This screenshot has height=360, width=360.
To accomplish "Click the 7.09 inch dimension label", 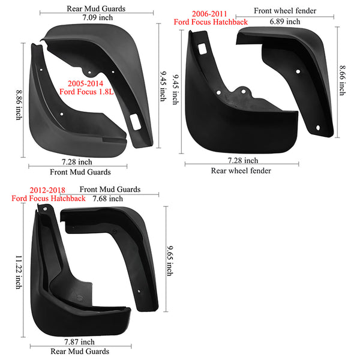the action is [98, 17].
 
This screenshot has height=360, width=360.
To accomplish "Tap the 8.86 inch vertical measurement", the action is [19, 105].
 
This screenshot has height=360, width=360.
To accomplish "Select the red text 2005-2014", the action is [85, 83].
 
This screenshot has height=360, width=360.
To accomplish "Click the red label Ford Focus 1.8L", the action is [86, 92].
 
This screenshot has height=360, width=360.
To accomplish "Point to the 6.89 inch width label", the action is [285, 22].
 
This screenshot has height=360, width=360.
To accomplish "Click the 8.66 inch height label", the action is [343, 80].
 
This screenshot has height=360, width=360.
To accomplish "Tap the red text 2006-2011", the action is [209, 14].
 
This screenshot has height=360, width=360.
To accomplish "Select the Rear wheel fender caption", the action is [241, 170].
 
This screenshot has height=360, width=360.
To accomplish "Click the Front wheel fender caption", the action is [285, 11].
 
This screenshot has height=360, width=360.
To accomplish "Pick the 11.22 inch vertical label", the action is [19, 272].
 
